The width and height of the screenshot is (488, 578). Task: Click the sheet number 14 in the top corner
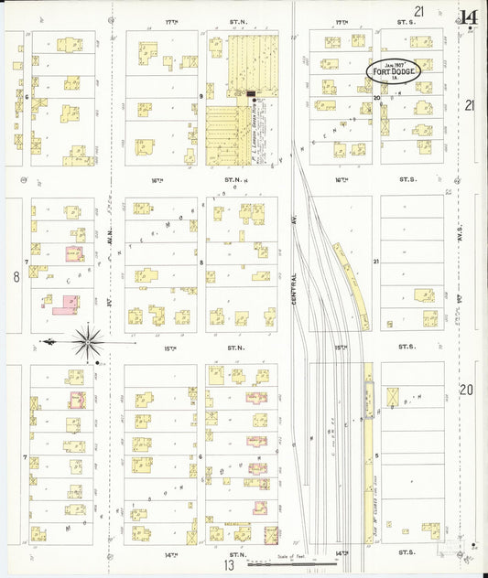pos(468,16)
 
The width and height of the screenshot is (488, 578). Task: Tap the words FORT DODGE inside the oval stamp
pos(395,71)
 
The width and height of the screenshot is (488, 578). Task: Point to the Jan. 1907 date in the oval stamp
pos(394,62)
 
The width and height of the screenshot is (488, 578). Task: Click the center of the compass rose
pos(89,342)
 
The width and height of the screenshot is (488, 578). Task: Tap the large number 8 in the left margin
pos(16,275)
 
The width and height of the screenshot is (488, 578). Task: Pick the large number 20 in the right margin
pos(467,391)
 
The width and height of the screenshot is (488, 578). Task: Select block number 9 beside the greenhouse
pos(201,95)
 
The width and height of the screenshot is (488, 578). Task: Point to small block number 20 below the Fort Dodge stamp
pos(376,96)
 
